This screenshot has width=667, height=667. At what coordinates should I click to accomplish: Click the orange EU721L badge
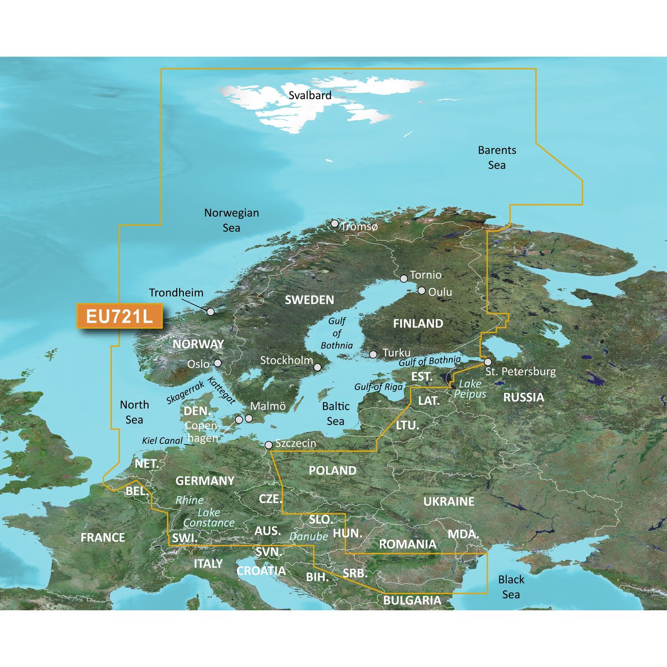(120, 316)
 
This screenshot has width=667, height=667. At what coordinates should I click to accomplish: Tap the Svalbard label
(310, 95)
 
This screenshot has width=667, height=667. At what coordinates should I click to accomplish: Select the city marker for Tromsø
(334, 223)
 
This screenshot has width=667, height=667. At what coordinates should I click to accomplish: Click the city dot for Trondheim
(210, 312)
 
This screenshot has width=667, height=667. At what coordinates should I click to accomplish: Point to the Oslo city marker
(218, 363)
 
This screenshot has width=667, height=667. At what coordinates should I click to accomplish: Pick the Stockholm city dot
(317, 367)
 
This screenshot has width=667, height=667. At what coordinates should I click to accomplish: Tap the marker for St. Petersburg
(487, 362)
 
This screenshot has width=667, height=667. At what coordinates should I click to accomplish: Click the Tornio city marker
(404, 278)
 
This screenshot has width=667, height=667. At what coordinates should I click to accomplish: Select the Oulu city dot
(422, 290)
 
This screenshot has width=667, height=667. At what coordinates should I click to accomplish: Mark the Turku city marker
(373, 354)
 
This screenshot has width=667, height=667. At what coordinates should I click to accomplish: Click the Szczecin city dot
(268, 445)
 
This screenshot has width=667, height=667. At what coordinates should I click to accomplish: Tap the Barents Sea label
(497, 158)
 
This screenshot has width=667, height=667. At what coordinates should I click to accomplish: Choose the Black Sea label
(511, 587)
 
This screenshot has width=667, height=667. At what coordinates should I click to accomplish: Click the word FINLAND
(418, 324)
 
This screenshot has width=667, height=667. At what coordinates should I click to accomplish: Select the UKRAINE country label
(449, 501)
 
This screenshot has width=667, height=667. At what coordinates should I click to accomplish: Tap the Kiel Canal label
(162, 441)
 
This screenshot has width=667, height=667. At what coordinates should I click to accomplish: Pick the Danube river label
(308, 536)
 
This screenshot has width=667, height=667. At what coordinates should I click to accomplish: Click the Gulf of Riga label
(378, 386)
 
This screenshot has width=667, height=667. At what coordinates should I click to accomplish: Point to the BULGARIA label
(412, 600)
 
